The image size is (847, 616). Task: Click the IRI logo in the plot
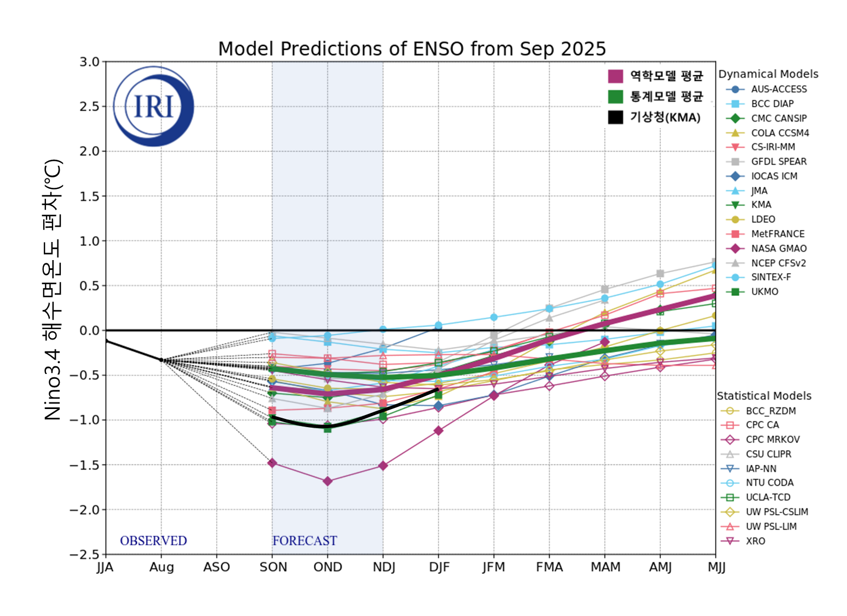(x=154, y=106)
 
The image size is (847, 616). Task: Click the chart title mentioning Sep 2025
(x=412, y=49)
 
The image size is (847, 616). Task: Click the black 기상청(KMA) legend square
(x=615, y=117)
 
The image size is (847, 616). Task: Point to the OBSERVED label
(x=153, y=541)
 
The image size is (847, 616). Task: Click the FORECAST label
(x=304, y=541)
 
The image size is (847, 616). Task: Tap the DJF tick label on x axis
(x=439, y=567)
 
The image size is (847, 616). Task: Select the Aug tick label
(x=162, y=567)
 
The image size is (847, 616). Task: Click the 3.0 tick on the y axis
(x=89, y=62)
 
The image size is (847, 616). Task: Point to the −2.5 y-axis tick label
(x=84, y=555)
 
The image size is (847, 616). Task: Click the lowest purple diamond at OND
(x=327, y=481)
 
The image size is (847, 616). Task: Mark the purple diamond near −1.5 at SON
(x=272, y=463)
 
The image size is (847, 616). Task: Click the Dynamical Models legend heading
(x=768, y=74)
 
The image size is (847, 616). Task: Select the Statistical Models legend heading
(x=764, y=396)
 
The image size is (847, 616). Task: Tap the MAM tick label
(x=605, y=567)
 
